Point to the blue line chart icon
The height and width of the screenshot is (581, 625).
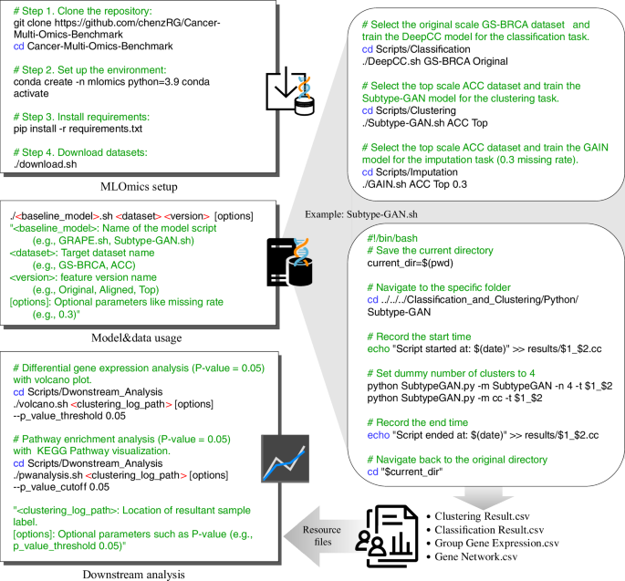tap(283, 459)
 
